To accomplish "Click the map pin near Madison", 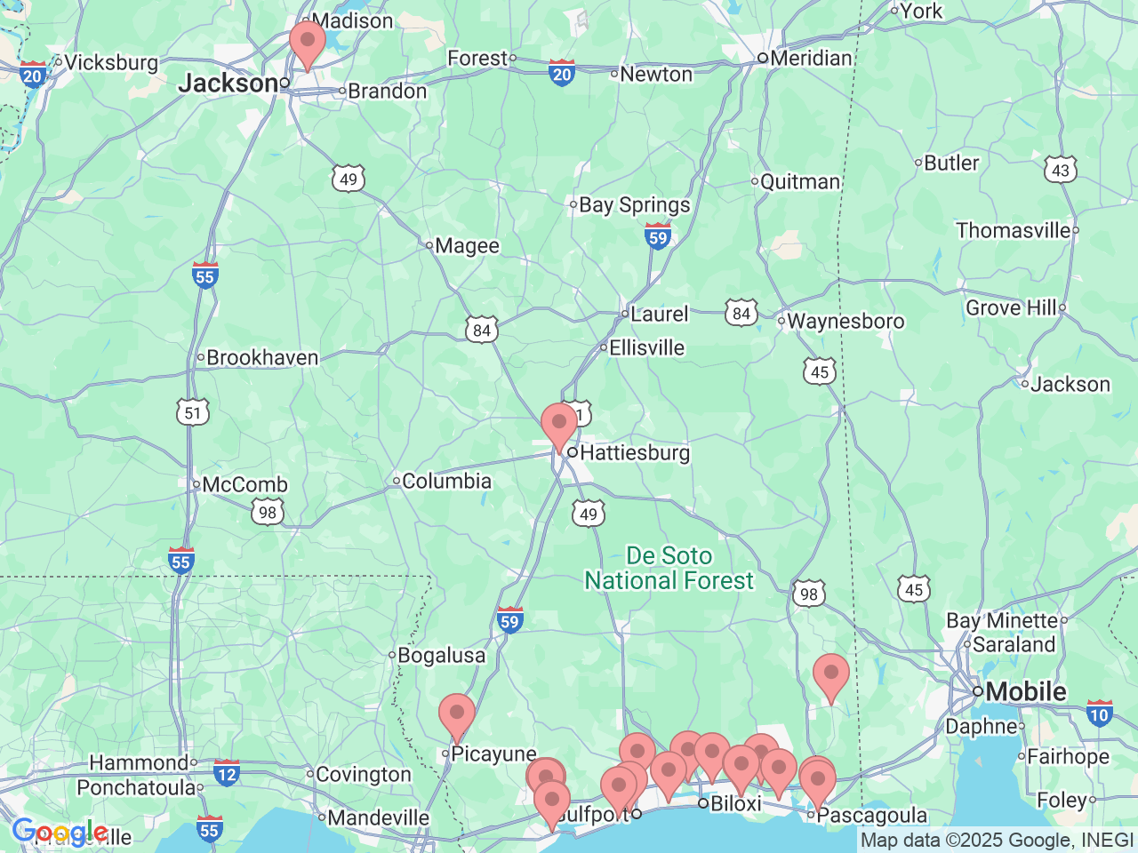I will pos(308,43).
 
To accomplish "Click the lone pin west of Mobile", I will pos(831,675).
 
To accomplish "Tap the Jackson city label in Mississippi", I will pos(228,84).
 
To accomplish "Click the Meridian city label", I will pos(811,59).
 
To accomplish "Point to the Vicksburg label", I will pos(111,62).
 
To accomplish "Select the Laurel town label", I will pos(660,314).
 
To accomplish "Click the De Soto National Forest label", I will pos(669,568).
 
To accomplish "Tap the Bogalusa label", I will pos(441,656).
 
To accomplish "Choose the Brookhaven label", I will pos(262,357).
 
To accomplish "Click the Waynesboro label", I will pos(845,321).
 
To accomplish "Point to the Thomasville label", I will pos(1014,230).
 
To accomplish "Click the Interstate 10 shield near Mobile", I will pos(1100,713).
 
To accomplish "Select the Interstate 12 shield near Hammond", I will pos(227,773).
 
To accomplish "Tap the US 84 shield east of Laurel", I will pos(741,313).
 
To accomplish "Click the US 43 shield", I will pos(1061,170).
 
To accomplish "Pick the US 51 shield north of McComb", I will pos(193,412).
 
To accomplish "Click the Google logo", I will pos(60,833).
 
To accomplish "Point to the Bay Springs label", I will pos(634,205).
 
